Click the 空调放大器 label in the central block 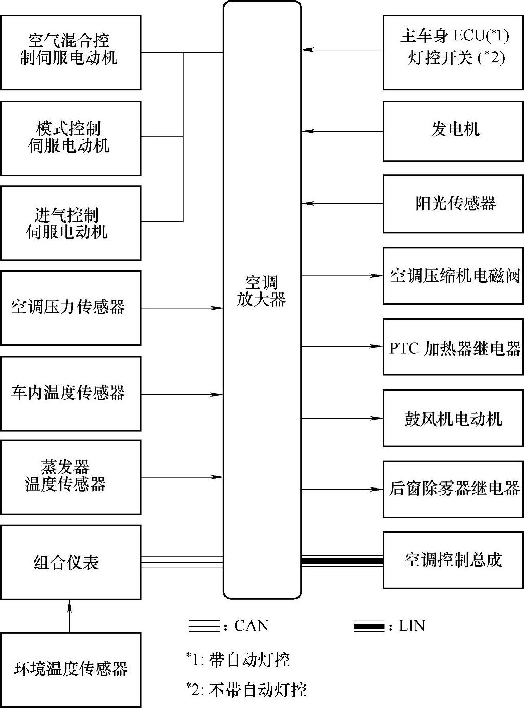click(261, 291)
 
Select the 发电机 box click(453, 131)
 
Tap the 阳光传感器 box click(453, 204)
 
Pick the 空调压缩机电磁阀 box click(453, 276)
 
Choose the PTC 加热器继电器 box click(453, 347)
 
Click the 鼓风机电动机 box click(453, 419)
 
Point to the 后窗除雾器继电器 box click(453, 489)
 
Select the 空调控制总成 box click(453, 559)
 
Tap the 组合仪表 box click(70, 562)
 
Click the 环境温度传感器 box click(70, 669)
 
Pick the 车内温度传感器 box click(70, 393)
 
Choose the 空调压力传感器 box click(70, 307)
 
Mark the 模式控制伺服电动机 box click(70, 138)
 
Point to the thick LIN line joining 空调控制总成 click(342, 561)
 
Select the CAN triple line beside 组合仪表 click(182, 561)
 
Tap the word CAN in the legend click(251, 626)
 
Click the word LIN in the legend click(412, 626)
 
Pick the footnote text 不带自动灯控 click(258, 690)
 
